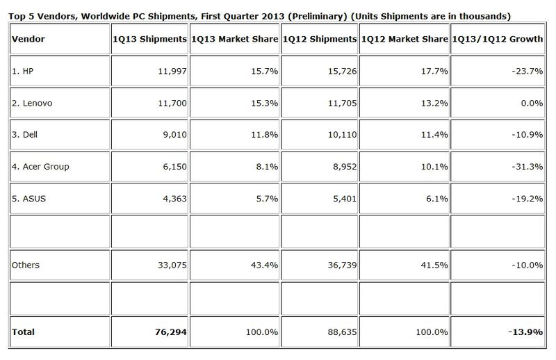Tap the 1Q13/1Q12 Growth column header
pyautogui.click(x=496, y=40)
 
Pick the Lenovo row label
pyautogui.click(x=31, y=104)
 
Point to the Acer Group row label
pyautogui.click(x=39, y=167)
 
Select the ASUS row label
pyautogui.click(x=29, y=198)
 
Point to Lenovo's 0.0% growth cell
pyautogui.click(x=531, y=104)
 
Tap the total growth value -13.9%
pyautogui.click(x=525, y=332)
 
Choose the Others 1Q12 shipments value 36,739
pyautogui.click(x=339, y=264)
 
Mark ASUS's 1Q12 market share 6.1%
pyautogui.click(x=436, y=198)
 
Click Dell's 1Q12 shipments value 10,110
pyautogui.click(x=339, y=136)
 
